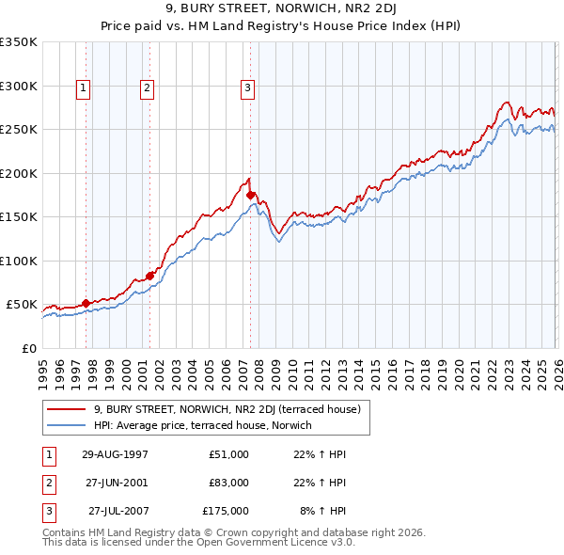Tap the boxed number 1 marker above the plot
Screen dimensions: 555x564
(84, 88)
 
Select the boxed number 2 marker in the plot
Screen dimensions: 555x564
(149, 88)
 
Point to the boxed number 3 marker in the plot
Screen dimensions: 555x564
(247, 88)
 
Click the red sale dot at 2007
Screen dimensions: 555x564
(251, 195)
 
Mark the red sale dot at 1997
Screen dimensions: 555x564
(86, 303)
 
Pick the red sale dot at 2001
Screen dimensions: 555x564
(150, 275)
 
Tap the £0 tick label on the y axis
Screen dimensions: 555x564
(27, 348)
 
